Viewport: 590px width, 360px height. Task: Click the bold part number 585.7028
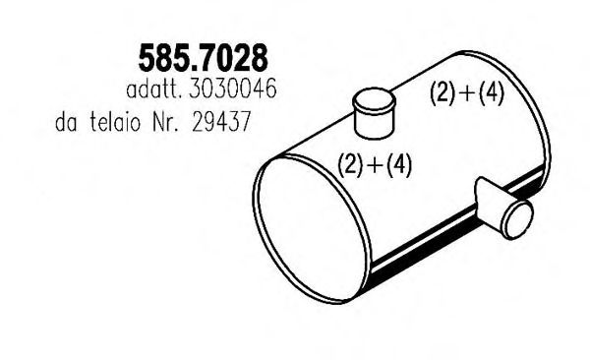(205, 61)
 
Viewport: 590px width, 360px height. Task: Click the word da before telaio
(71, 125)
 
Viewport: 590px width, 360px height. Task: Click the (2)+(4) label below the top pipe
(375, 164)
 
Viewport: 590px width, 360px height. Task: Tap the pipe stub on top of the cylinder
(374, 113)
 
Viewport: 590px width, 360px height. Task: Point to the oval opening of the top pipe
(374, 98)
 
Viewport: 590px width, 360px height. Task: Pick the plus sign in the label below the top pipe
(375, 164)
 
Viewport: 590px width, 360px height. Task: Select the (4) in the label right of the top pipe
(491, 93)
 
